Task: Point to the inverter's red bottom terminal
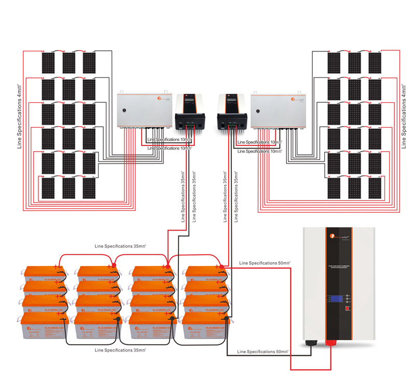pyautogui.click(x=331, y=343)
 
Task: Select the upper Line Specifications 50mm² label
pyautogui.click(x=264, y=263)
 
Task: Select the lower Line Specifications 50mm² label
pyautogui.click(x=263, y=352)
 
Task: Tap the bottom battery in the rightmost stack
pyautogui.click(x=206, y=326)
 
